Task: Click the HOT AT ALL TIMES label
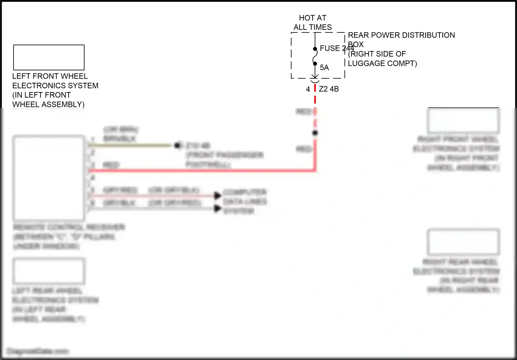(x=313, y=22)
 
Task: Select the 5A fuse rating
(x=324, y=68)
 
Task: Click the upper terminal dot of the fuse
(x=315, y=49)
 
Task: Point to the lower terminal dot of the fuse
(x=315, y=63)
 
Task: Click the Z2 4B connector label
(x=329, y=89)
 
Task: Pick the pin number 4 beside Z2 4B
(x=308, y=89)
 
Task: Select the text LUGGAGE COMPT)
(x=382, y=63)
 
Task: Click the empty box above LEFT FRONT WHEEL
(x=49, y=57)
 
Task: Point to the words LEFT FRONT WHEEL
(x=50, y=76)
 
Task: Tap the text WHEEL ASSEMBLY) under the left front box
(x=48, y=104)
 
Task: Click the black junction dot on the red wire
(x=315, y=133)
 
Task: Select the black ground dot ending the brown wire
(x=178, y=146)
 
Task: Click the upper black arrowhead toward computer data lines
(x=217, y=196)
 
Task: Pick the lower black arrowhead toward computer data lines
(x=217, y=208)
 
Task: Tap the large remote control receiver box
(x=49, y=178)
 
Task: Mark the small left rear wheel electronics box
(x=49, y=271)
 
